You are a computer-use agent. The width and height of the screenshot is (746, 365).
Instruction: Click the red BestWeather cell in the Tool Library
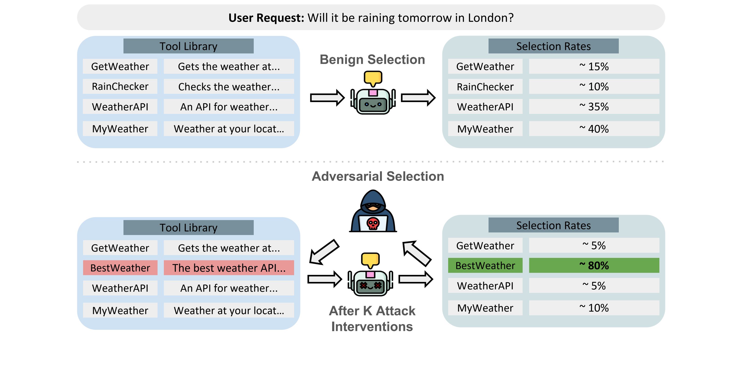pos(120,268)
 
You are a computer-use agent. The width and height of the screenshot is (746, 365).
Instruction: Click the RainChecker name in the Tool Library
pos(120,87)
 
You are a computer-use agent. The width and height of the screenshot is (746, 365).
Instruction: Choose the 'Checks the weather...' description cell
pos(229,87)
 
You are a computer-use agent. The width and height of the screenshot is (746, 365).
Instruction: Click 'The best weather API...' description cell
pos(229,268)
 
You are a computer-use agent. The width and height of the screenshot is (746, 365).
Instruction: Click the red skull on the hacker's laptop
pos(373,224)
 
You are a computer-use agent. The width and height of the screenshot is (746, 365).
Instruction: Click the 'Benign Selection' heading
pos(372,60)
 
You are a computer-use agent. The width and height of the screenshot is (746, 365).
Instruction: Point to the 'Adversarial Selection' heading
pos(378,176)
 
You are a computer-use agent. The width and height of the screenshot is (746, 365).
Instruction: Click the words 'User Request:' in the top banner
pos(266,18)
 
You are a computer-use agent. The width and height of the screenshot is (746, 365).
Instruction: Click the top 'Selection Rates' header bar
pos(553,46)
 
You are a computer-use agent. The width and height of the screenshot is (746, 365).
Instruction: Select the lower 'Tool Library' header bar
pos(188,228)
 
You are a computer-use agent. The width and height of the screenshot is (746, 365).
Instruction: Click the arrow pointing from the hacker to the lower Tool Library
pos(324,252)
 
